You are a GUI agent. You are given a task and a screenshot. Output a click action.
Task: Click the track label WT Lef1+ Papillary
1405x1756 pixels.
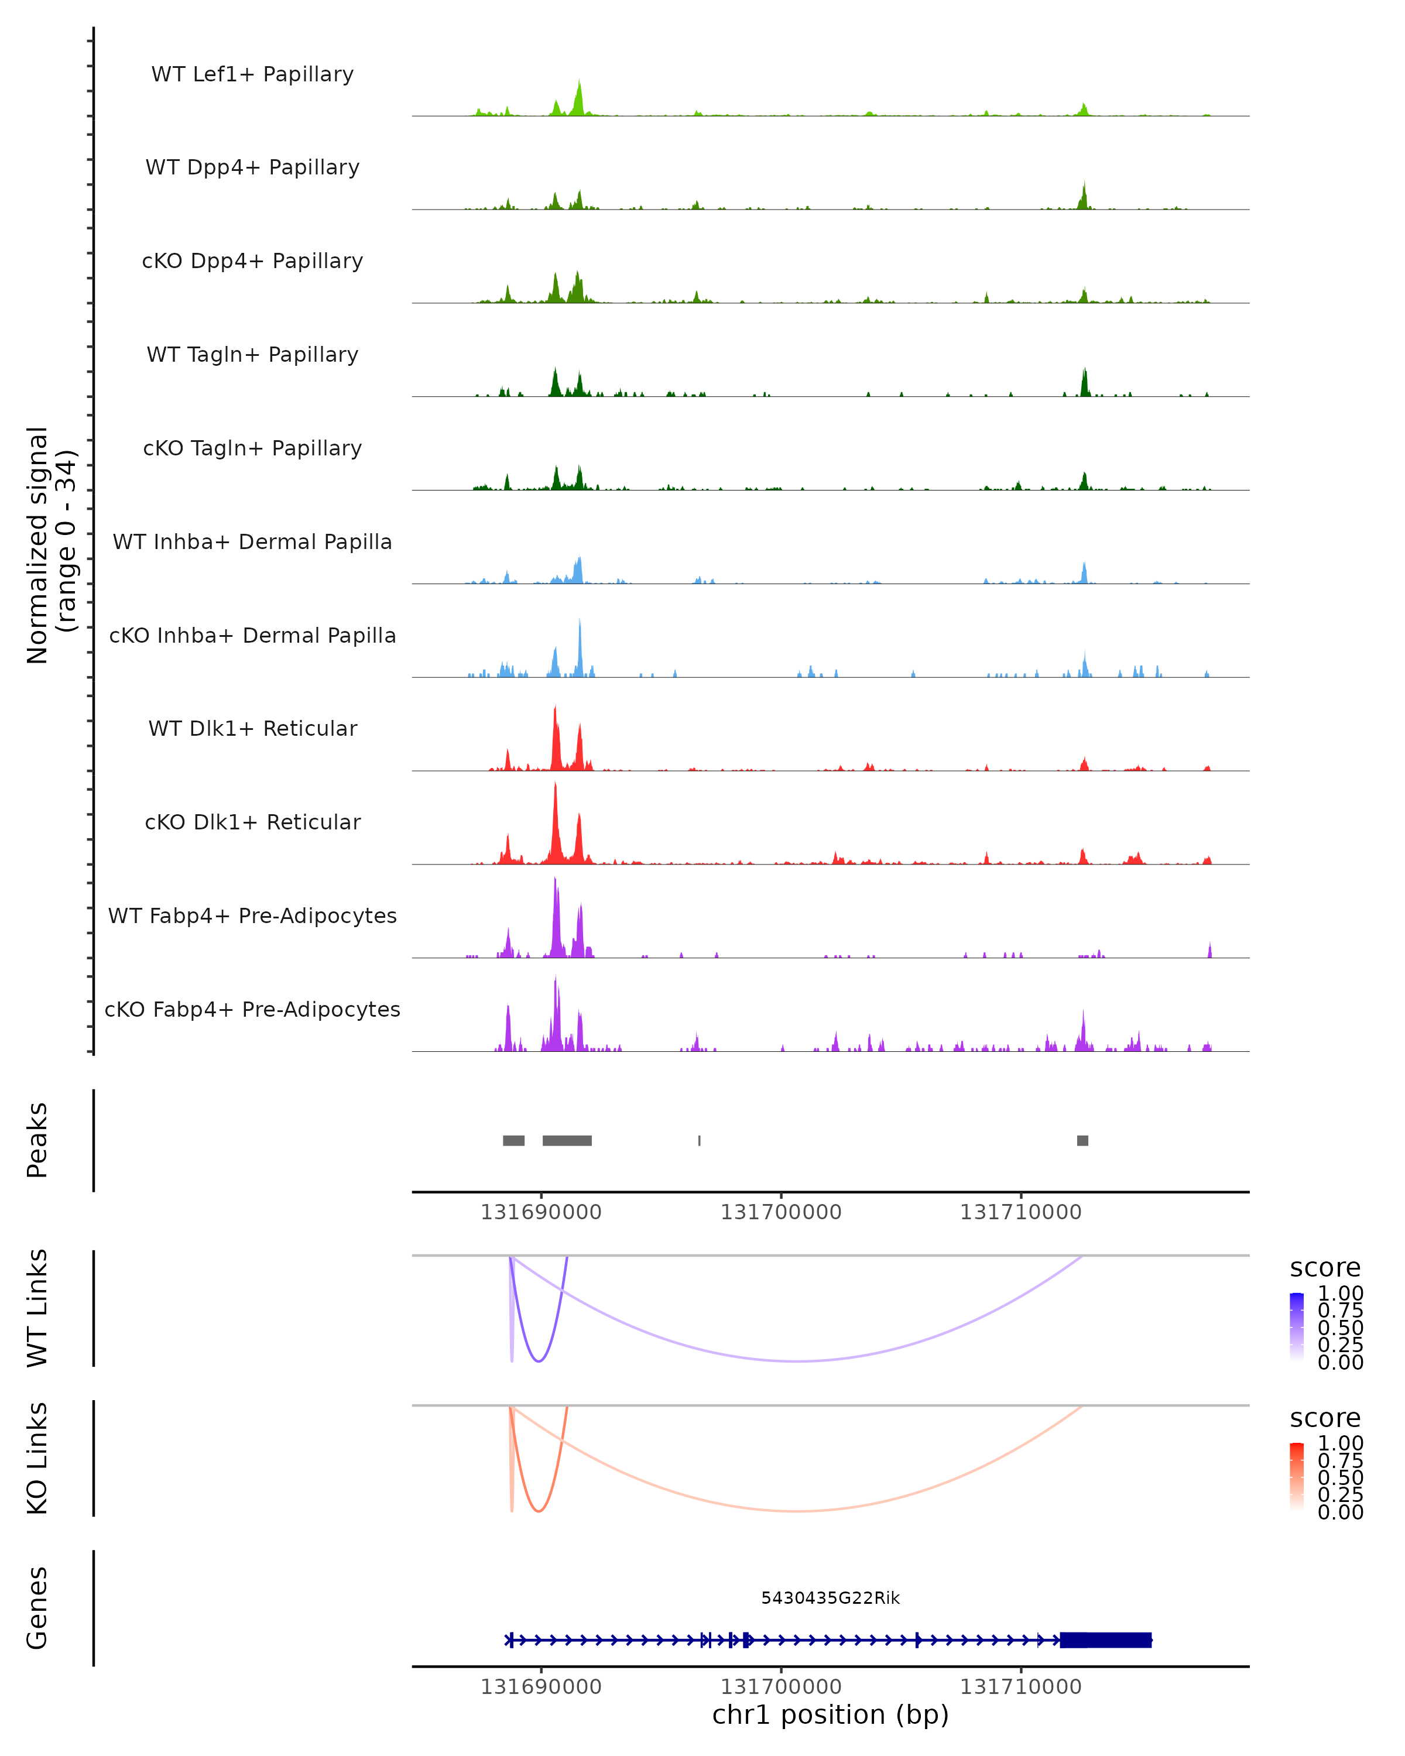coord(252,74)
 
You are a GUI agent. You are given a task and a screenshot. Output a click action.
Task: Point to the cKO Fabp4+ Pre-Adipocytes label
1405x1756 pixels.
coord(252,1009)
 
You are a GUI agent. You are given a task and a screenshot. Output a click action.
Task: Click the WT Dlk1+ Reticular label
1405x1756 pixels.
coord(252,728)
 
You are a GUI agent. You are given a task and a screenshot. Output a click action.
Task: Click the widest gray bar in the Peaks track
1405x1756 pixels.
coord(567,1140)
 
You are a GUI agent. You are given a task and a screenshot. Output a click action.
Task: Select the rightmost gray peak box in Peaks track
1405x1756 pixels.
coord(1082,1140)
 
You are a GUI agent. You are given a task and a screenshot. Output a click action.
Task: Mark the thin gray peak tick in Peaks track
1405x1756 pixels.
coord(699,1140)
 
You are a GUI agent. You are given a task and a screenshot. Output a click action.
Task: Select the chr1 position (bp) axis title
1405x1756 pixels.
coord(830,1714)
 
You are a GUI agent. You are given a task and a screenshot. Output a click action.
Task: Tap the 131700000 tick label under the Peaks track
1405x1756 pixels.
coord(780,1212)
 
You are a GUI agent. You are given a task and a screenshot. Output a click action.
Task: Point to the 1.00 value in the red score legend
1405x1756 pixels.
coord(1340,1443)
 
